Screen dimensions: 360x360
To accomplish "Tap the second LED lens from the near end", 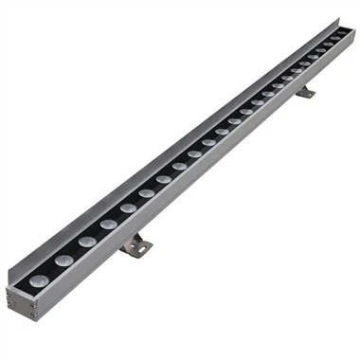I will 63,260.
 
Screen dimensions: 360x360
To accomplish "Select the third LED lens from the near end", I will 86,242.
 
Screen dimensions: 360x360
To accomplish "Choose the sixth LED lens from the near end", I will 147,193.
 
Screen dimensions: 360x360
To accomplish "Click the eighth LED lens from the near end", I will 180,167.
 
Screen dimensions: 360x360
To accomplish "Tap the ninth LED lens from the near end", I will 195,154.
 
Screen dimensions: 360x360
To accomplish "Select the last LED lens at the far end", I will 340,38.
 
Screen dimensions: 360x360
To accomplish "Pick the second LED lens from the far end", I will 330,45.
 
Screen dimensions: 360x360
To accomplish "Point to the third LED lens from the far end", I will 318,55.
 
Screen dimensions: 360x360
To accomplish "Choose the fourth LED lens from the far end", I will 308,63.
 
